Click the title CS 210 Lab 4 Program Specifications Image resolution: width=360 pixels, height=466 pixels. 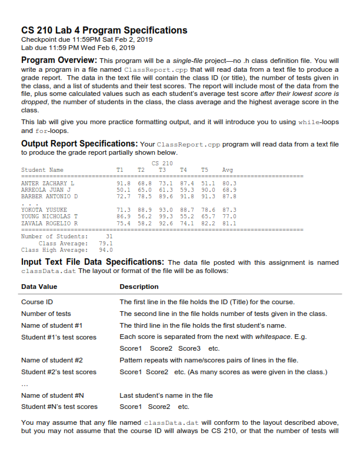click(104, 30)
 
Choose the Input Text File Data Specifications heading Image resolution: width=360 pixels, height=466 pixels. click(93, 262)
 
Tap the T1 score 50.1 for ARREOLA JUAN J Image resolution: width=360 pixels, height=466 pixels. click(123, 191)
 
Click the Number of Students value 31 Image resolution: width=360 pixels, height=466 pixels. click(109, 236)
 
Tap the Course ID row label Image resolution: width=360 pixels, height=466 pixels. click(37, 302)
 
